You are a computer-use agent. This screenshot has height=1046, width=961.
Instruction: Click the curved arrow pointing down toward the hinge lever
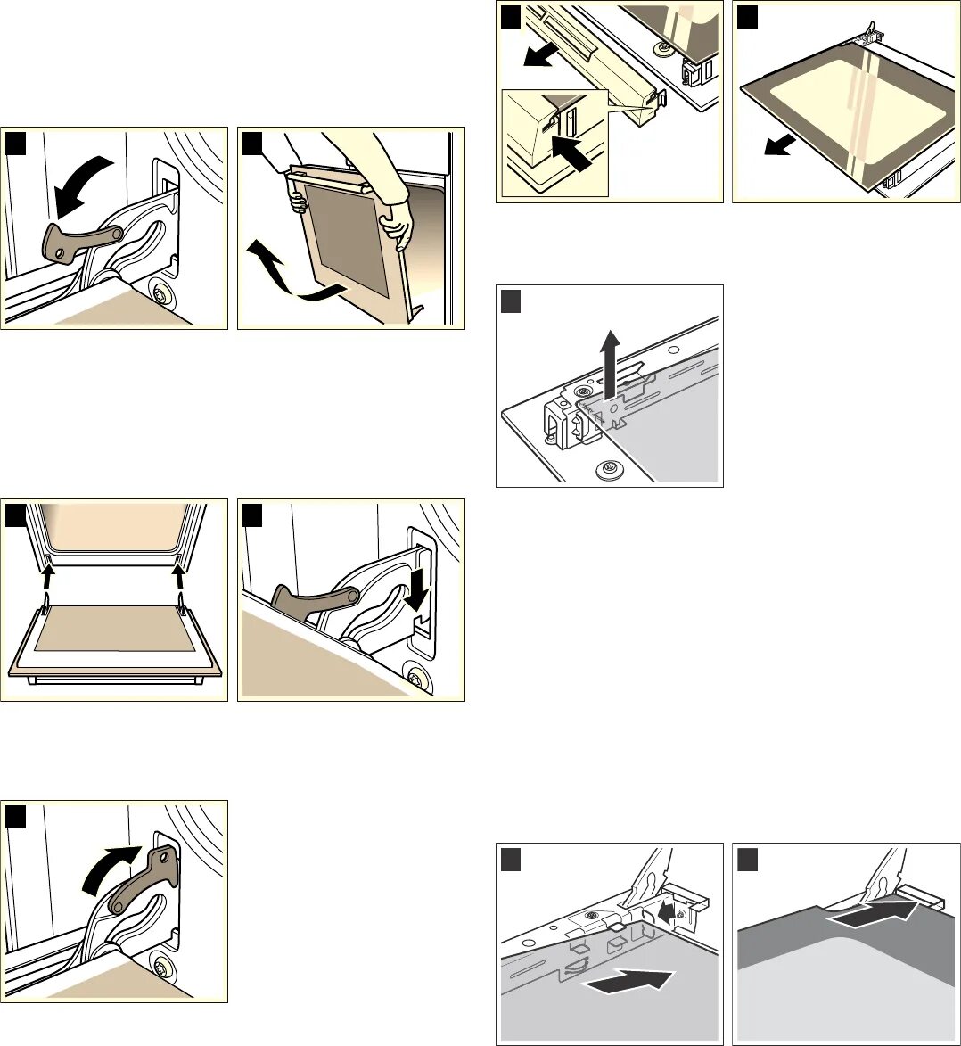pyautogui.click(x=79, y=184)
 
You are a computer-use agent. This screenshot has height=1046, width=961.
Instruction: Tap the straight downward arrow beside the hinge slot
pyautogui.click(x=415, y=594)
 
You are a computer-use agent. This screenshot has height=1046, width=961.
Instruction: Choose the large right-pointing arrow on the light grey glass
pyautogui.click(x=625, y=980)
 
